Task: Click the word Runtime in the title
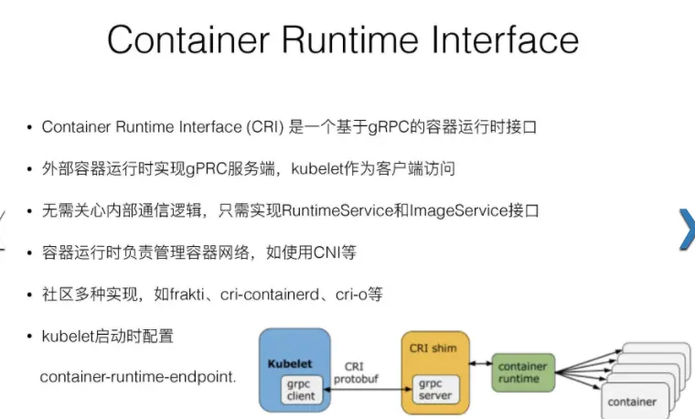(350, 40)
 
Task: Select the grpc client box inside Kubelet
(301, 390)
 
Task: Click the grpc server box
(435, 389)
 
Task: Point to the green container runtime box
(523, 372)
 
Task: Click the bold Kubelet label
(290, 363)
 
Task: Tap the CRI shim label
(433, 348)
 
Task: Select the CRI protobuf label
(356, 373)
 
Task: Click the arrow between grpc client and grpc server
(368, 390)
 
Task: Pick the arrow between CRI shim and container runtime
(481, 363)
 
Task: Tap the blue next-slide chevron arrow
(687, 230)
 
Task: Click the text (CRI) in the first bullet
(265, 127)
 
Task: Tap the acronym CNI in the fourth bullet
(327, 252)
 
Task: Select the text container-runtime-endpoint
(137, 377)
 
